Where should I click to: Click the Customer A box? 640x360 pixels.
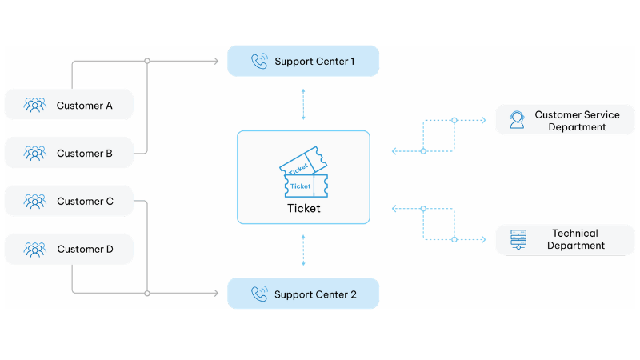[x=69, y=105]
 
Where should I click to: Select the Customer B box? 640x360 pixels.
[x=69, y=153]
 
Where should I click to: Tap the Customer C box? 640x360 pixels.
[x=69, y=202]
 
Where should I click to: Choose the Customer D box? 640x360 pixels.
[x=69, y=249]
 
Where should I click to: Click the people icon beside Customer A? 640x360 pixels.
[x=35, y=105]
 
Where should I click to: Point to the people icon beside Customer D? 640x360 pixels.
[x=35, y=249]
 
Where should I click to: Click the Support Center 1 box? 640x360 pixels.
[x=303, y=61]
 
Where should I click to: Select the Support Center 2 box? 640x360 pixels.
[x=303, y=294]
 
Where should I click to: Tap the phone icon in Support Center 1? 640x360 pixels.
[x=258, y=61]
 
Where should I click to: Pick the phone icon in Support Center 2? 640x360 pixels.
[x=258, y=294]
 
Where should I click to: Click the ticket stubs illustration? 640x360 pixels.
[x=303, y=171]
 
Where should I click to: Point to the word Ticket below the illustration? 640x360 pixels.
[x=303, y=208]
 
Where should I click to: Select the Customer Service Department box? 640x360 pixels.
[x=565, y=121]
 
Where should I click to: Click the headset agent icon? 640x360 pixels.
[x=517, y=120]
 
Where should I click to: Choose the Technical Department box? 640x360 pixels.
[x=565, y=239]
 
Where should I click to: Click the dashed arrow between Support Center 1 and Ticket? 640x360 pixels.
[x=303, y=104]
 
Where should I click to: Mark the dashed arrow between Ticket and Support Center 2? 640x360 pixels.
[x=303, y=250]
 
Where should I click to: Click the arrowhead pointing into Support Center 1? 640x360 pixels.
[x=217, y=61]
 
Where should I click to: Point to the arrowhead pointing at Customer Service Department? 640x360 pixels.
[x=483, y=121]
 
